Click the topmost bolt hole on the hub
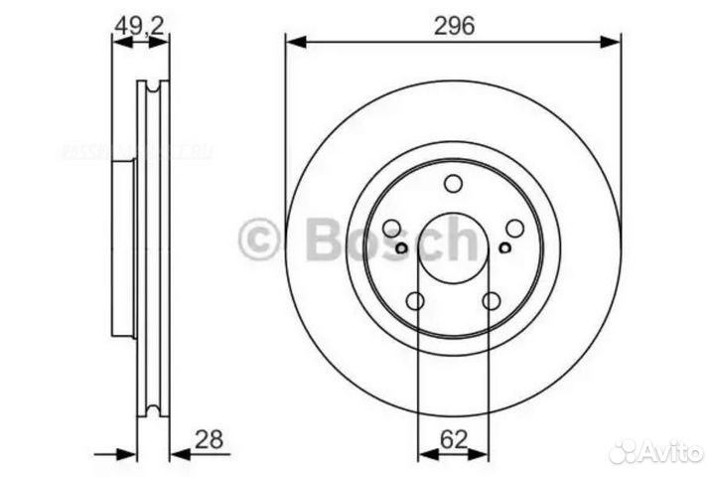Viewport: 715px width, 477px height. click(x=453, y=184)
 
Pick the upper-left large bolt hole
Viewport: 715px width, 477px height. click(x=391, y=229)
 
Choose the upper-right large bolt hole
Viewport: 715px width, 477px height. click(x=514, y=229)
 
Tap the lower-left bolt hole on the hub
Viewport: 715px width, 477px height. click(x=415, y=301)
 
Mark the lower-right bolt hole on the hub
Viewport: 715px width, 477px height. click(x=491, y=301)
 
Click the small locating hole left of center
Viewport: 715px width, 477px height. click(x=401, y=248)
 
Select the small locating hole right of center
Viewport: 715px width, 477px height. click(x=505, y=248)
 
